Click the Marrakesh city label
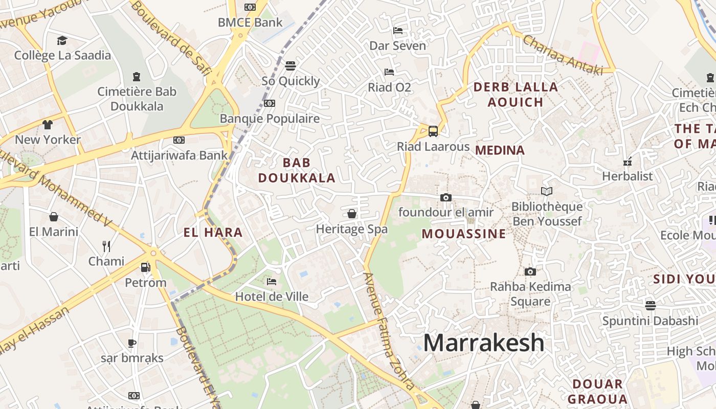[484, 343]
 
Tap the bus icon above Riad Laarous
[433, 131]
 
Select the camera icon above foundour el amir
[446, 197]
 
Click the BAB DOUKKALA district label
[297, 170]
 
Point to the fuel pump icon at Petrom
[146, 267]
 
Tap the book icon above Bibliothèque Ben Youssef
[547, 191]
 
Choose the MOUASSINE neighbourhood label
[464, 234]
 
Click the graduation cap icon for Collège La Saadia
[62, 40]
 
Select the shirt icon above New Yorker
[48, 124]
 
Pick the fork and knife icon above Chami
[106, 246]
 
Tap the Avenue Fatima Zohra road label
[388, 331]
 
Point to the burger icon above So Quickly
[290, 65]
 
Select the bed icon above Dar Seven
[397, 31]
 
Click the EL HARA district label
[213, 233]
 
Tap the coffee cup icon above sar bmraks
[132, 343]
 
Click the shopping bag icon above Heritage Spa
[352, 213]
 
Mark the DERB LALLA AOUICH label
[516, 95]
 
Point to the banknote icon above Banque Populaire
[270, 103]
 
